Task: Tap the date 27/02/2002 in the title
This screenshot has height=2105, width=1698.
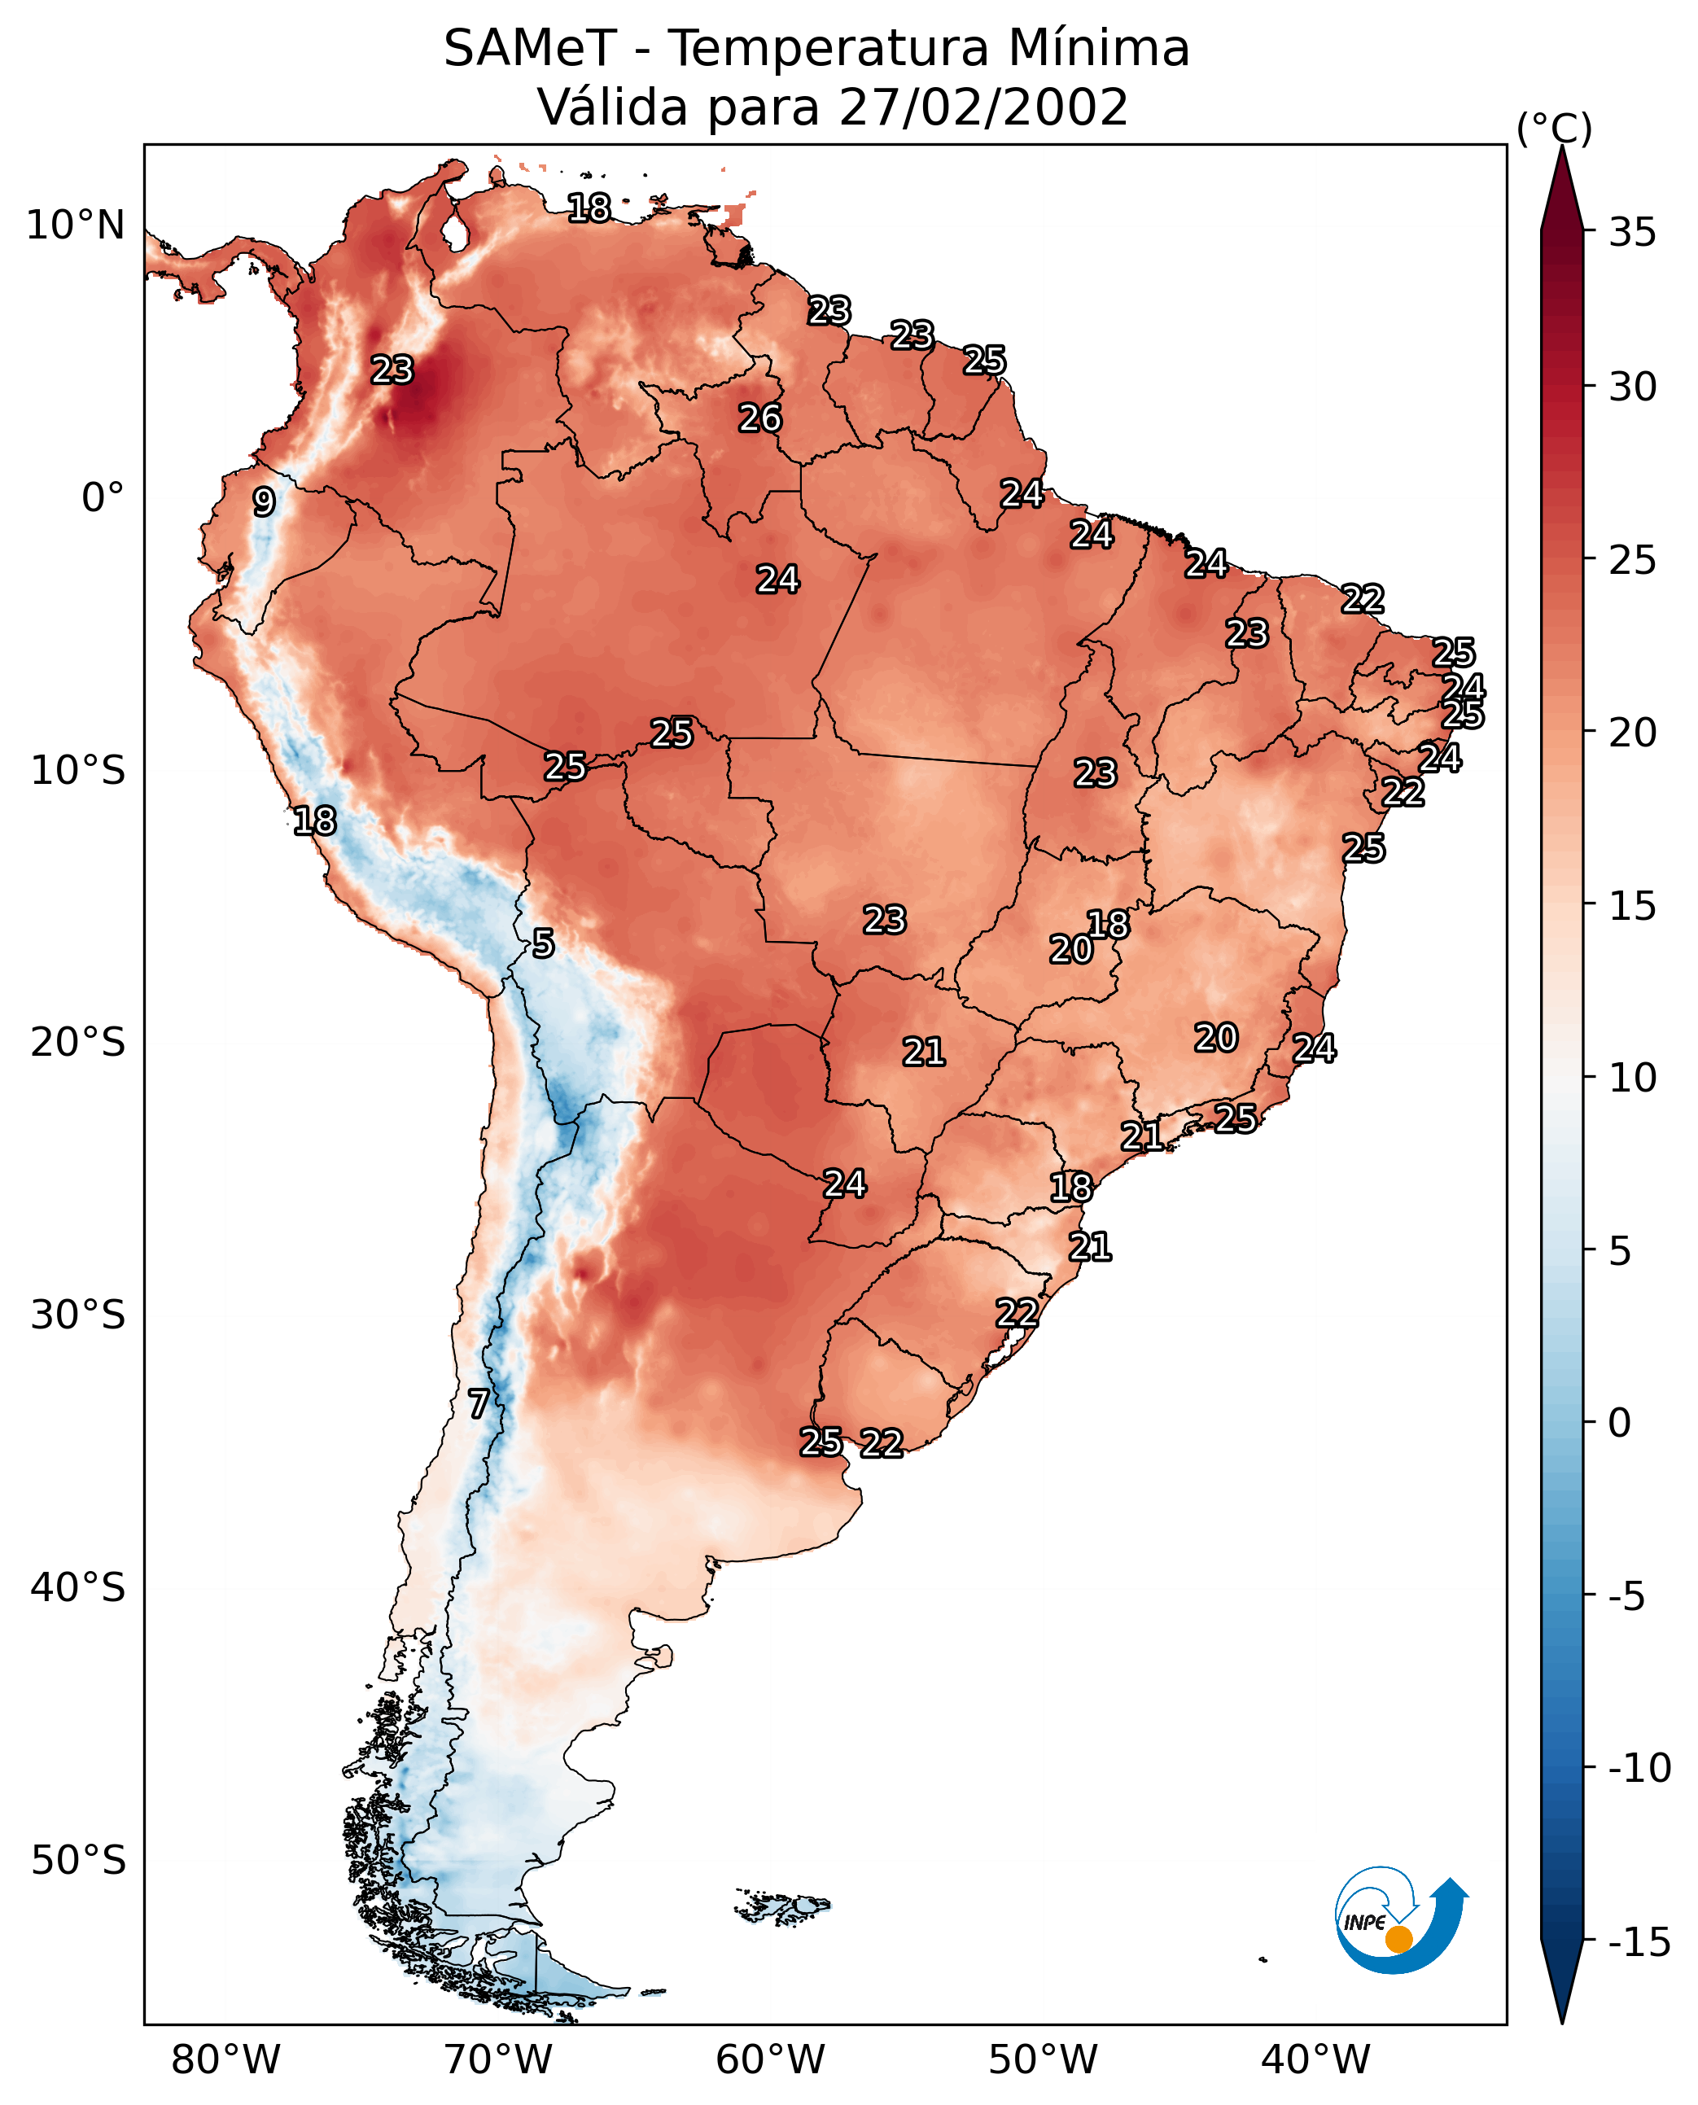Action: click(983, 107)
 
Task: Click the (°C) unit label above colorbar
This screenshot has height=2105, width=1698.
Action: click(1554, 129)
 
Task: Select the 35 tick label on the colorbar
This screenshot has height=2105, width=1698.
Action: click(1632, 233)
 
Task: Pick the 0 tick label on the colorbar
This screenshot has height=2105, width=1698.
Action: click(1620, 1422)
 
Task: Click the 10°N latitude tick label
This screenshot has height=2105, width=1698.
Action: click(76, 226)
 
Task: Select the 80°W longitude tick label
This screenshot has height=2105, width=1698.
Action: click(226, 2059)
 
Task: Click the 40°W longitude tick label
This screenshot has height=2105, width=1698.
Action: click(1315, 2059)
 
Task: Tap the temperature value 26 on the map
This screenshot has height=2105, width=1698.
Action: click(760, 418)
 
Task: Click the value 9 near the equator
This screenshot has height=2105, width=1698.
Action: click(264, 501)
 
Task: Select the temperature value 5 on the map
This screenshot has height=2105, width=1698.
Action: click(544, 944)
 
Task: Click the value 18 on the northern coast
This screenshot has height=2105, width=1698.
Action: click(589, 208)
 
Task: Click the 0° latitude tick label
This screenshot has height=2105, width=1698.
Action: click(103, 498)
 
